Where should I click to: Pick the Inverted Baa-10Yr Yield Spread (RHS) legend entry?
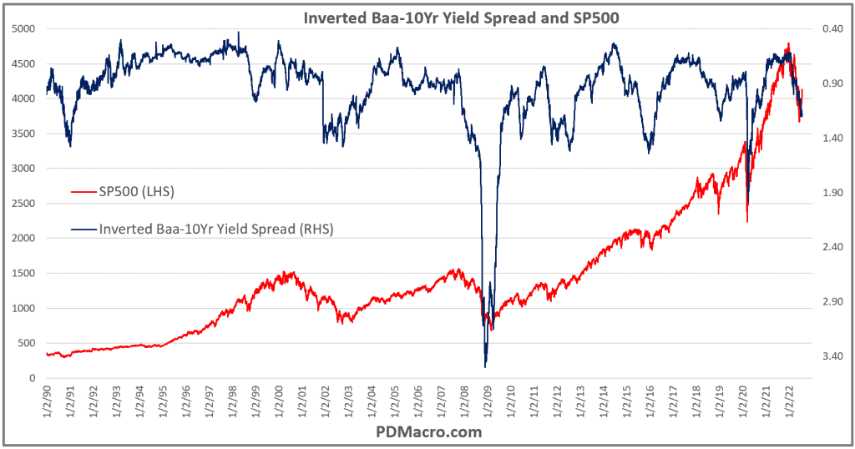pyautogui.click(x=215, y=228)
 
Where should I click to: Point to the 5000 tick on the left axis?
pyautogui.click(x=23, y=29)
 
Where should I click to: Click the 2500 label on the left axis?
pyautogui.click(x=23, y=204)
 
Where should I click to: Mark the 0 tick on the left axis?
pyautogui.click(x=32, y=378)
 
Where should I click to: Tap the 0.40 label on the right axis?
pyautogui.click(x=822, y=29)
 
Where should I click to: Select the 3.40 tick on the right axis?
pyautogui.click(x=822, y=356)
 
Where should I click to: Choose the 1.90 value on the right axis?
pyautogui.click(x=822, y=193)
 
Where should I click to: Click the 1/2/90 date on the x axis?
pyautogui.click(x=47, y=400)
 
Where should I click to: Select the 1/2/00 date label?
pyautogui.click(x=276, y=400)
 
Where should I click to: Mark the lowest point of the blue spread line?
pyautogui.click(x=485, y=366)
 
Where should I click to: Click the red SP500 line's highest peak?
pyautogui.click(x=787, y=44)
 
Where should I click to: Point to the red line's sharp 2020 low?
pyautogui.click(x=746, y=221)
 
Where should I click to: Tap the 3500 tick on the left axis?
pyautogui.click(x=23, y=134)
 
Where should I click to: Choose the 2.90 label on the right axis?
pyautogui.click(x=822, y=302)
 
